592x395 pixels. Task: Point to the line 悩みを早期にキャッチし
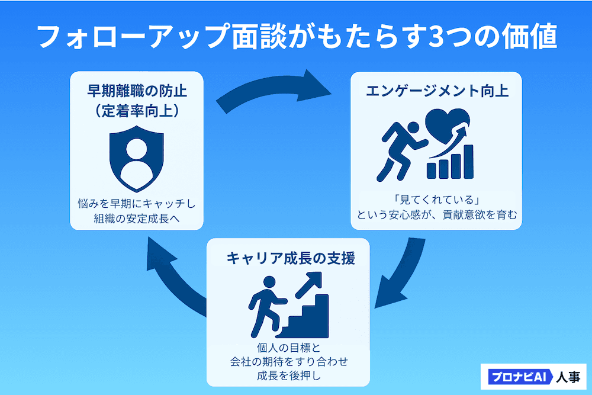(137, 203)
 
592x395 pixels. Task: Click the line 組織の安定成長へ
(137, 219)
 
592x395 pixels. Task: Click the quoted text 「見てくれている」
(436, 198)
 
